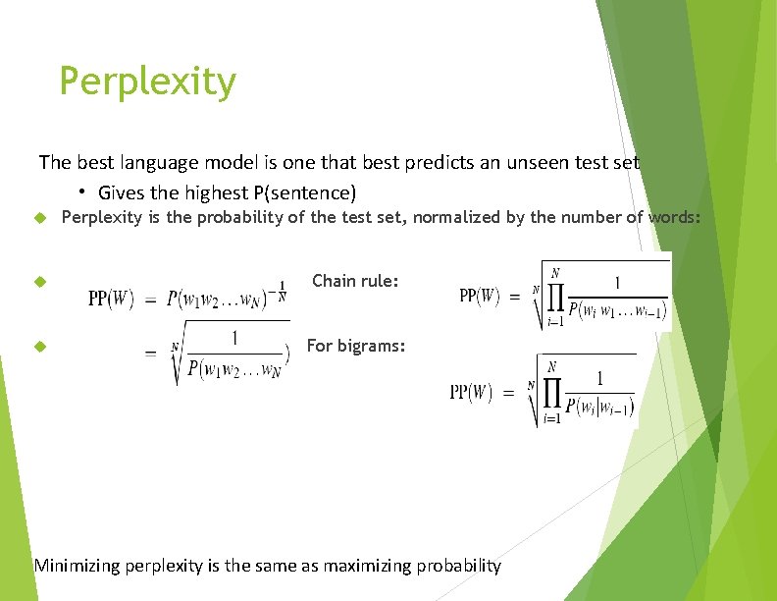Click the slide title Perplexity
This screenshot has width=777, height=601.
[147, 82]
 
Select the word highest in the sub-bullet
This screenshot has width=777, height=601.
[205, 192]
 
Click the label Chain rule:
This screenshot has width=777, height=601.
[355, 281]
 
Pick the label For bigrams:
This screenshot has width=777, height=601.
[356, 346]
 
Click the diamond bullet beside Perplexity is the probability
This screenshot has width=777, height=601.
[40, 218]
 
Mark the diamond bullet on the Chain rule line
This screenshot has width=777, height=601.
[40, 282]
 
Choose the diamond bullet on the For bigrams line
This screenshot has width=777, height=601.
[40, 347]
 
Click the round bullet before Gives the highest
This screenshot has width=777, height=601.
[85, 191]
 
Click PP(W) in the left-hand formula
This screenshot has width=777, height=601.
[111, 298]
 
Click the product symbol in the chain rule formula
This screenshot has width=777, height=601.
[555, 295]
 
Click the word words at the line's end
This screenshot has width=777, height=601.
[674, 217]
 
